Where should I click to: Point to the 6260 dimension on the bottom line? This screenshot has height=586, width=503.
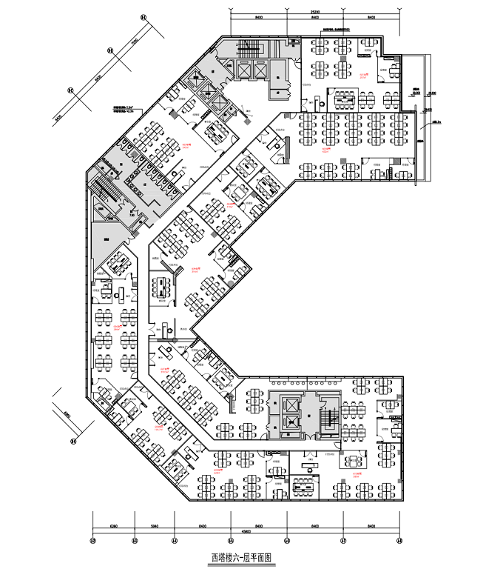coord(113,524)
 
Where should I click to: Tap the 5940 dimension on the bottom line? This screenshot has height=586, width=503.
coord(154,524)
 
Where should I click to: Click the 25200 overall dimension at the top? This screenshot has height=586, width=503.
coord(315,12)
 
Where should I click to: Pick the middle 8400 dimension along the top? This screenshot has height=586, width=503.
coord(315,19)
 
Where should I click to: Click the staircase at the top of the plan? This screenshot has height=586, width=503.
coord(249,50)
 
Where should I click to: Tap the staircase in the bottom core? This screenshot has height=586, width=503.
coord(328,419)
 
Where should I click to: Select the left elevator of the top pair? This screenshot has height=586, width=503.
coord(243,70)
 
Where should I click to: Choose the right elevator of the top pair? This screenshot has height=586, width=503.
coord(260,70)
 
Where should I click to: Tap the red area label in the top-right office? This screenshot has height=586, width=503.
coord(364,75)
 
